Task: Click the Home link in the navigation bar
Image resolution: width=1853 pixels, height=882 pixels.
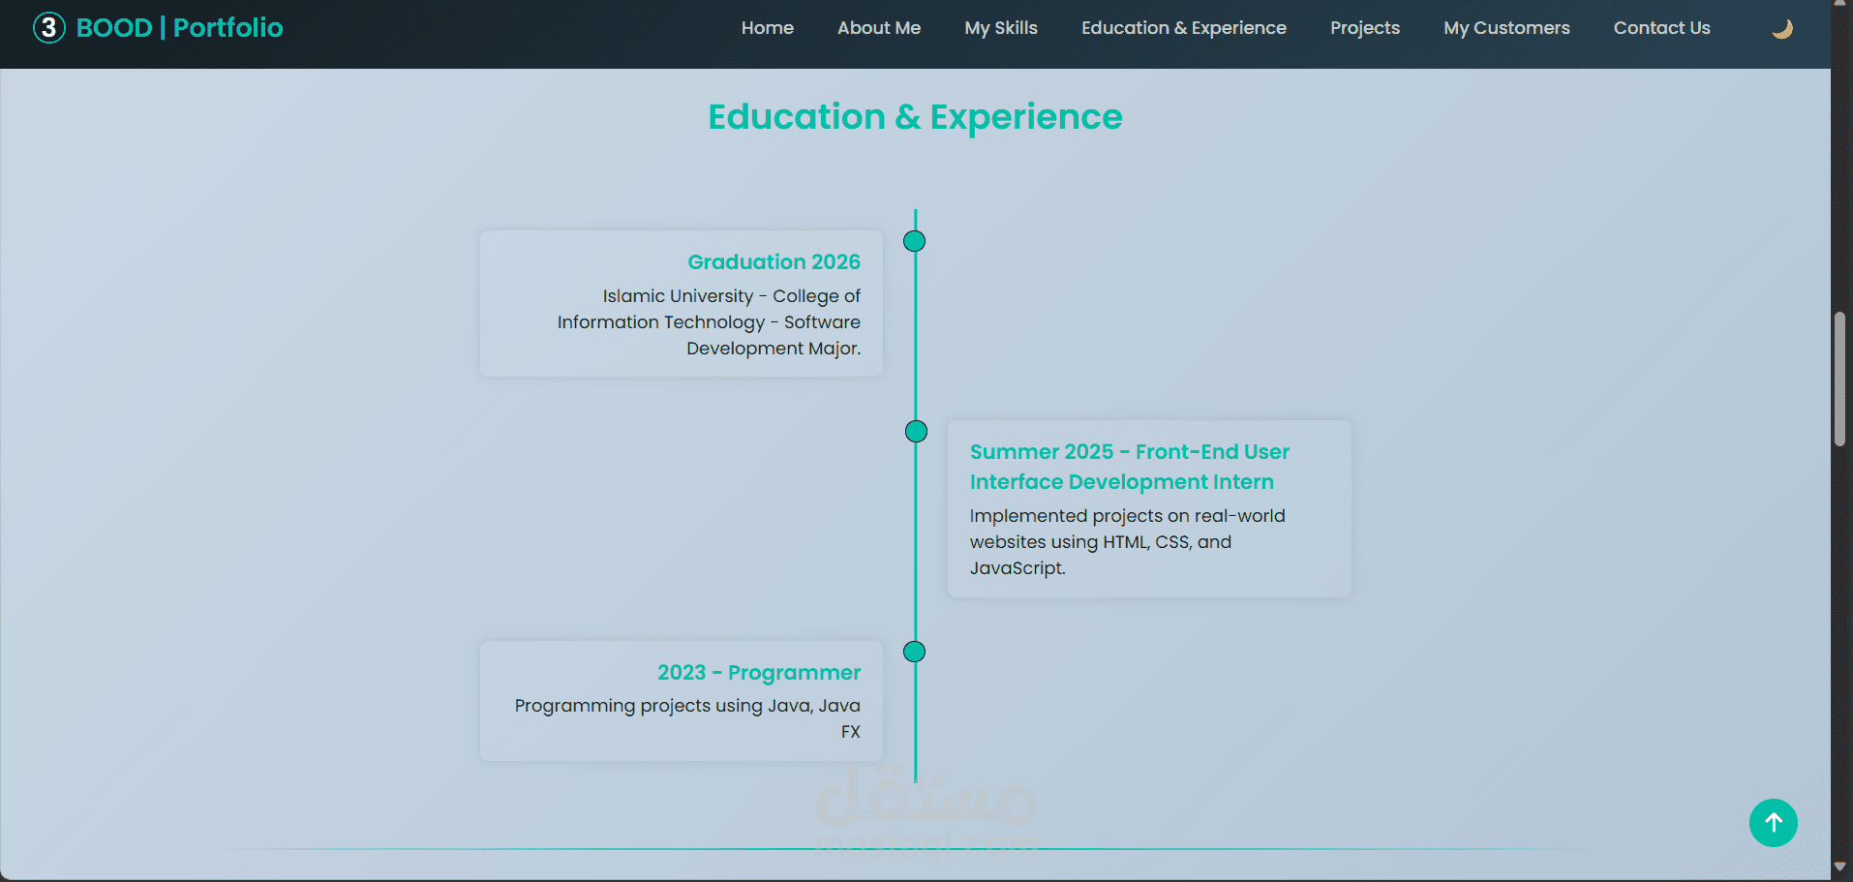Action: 767,28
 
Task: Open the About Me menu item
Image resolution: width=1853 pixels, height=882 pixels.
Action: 878,28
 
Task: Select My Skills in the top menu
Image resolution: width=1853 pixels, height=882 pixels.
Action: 1000,28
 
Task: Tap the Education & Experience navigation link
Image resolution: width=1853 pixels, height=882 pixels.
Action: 1183,28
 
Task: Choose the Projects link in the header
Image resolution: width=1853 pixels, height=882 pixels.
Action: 1364,28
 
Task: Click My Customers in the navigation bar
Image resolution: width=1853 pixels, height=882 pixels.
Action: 1506,28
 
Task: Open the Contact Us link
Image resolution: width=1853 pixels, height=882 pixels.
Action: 1661,28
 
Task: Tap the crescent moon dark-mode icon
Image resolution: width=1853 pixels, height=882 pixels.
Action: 1782,29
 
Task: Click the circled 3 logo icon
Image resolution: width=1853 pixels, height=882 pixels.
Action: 49,28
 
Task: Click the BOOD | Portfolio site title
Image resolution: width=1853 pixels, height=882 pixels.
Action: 179,28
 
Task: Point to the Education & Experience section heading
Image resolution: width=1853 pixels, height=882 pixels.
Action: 915,117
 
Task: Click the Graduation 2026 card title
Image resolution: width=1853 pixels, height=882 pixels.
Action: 774,261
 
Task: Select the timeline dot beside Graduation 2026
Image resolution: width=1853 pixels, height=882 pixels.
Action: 914,241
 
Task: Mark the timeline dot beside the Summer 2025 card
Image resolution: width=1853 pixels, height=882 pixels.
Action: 916,431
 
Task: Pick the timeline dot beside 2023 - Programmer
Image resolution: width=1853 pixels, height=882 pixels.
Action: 914,652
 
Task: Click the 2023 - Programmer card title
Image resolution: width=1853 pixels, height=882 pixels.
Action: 759,672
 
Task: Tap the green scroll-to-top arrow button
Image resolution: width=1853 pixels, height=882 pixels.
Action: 1773,823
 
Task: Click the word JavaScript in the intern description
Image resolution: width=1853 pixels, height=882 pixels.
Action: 1017,568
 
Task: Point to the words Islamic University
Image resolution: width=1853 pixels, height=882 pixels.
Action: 678,296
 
